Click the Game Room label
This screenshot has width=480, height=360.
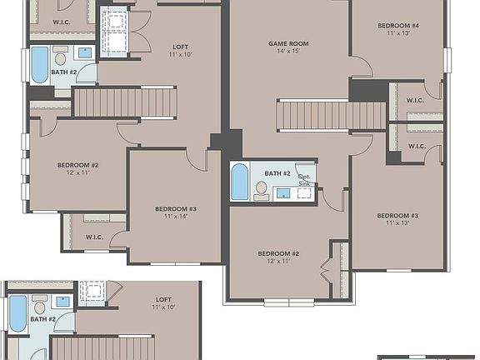point(288,42)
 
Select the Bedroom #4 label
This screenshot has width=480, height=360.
point(397,27)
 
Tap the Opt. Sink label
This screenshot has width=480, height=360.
point(305,179)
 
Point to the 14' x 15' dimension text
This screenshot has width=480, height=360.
point(288,52)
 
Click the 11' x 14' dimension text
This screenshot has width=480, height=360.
point(176,217)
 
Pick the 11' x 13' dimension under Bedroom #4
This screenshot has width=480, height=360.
point(397,35)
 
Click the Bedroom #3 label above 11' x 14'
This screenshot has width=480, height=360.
point(176,208)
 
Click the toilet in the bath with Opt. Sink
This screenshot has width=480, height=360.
point(262,190)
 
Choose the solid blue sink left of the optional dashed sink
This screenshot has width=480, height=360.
point(283,193)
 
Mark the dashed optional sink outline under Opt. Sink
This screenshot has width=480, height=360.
point(304,193)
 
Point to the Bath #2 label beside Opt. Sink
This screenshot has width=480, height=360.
point(277,173)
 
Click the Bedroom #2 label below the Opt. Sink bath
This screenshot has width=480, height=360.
point(277,252)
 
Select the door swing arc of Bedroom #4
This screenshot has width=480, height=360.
point(360,67)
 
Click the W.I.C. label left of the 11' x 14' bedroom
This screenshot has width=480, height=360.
point(95,237)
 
